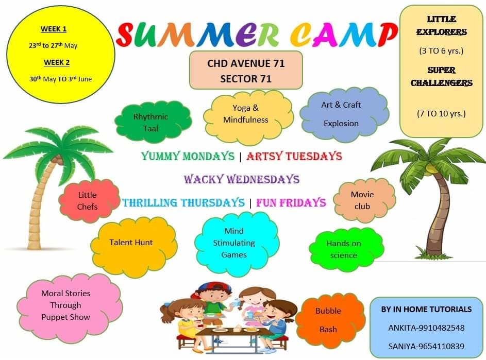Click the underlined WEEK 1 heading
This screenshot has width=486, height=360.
click(54, 29)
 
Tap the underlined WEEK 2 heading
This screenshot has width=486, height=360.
click(57, 63)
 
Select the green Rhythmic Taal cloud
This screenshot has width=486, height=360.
click(153, 122)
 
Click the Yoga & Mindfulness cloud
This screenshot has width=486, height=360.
click(248, 117)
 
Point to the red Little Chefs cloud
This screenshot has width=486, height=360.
click(89, 200)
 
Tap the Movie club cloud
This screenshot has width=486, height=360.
click(364, 200)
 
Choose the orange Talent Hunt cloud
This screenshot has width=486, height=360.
click(134, 246)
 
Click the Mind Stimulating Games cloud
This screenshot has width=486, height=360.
click(237, 244)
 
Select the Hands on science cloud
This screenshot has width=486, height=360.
click(346, 249)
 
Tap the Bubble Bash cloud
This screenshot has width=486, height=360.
click(330, 320)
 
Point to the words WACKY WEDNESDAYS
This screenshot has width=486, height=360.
click(241, 179)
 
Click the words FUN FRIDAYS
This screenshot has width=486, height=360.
click(291, 202)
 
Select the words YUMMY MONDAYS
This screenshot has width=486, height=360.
click(188, 156)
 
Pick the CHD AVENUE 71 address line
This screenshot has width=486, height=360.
click(246, 63)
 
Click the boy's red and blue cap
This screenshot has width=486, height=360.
click(213, 288)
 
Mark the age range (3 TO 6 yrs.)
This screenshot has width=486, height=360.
click(441, 51)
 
